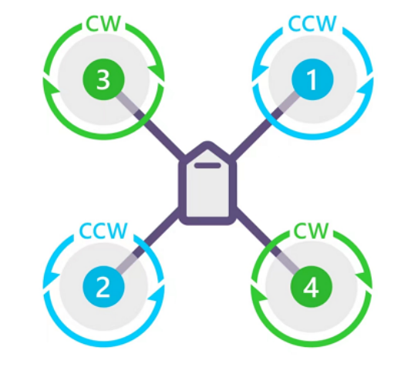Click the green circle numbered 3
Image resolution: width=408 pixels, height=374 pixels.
tap(103, 79)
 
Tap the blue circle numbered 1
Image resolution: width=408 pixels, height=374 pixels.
tap(312, 79)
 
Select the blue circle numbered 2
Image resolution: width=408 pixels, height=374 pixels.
tap(103, 286)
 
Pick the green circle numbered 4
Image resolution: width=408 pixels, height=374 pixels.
tap(311, 286)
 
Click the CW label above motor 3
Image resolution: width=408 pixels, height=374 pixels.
tap(103, 24)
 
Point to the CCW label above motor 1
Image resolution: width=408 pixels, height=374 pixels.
tap(312, 23)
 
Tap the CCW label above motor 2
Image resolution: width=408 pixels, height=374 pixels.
tap(103, 231)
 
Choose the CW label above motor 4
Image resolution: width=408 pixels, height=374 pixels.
tap(311, 231)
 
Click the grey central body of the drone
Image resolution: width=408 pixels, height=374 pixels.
tap(207, 187)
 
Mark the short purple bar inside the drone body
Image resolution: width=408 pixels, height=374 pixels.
tap(207, 166)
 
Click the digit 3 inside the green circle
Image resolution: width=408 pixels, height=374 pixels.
tap(103, 80)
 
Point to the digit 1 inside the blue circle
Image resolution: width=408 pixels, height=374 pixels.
tap(312, 80)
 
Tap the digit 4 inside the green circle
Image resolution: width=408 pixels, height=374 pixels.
tap(311, 287)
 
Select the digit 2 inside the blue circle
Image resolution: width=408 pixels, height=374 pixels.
tap(103, 287)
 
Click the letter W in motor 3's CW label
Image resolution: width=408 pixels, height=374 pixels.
tap(111, 24)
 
